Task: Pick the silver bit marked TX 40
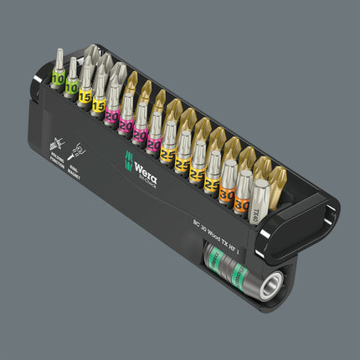(x=260, y=201)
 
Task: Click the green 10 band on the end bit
(x=58, y=79)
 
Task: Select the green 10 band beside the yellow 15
(x=72, y=86)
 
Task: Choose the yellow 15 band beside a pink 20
(x=98, y=105)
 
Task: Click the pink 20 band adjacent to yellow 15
(x=112, y=115)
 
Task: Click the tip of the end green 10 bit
(x=57, y=54)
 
